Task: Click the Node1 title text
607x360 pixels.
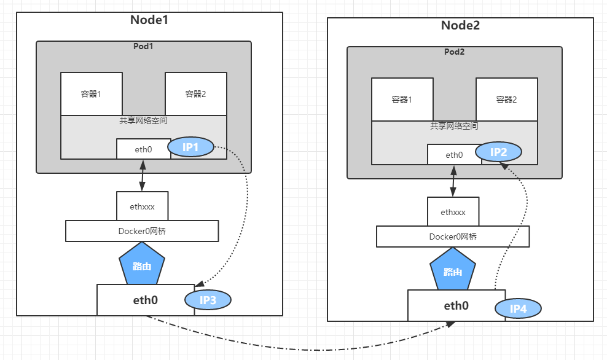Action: click(149, 19)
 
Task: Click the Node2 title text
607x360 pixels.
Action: click(460, 25)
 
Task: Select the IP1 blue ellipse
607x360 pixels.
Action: click(190, 147)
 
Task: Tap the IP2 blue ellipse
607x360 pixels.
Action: click(498, 152)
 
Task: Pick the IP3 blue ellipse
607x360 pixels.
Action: click(208, 300)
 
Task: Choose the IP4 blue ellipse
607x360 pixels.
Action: click(518, 308)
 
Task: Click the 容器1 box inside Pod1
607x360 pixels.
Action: click(91, 94)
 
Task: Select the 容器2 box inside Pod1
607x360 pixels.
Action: click(195, 94)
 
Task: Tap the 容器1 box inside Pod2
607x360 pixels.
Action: click(402, 100)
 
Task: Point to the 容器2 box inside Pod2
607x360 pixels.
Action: click(506, 100)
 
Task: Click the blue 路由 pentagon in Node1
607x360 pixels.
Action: click(142, 264)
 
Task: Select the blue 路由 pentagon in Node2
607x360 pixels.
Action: click(453, 270)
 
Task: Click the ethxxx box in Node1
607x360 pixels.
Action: click(142, 206)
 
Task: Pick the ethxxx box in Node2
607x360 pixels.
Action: click(453, 212)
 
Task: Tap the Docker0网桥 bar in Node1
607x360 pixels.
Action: click(142, 231)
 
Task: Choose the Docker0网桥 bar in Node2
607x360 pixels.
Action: click(453, 237)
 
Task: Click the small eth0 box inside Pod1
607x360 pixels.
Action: click(143, 149)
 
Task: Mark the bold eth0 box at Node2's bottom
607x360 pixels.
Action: click(456, 305)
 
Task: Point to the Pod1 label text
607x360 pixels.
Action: click(143, 47)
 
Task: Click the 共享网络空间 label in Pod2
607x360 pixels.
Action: click(454, 126)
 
